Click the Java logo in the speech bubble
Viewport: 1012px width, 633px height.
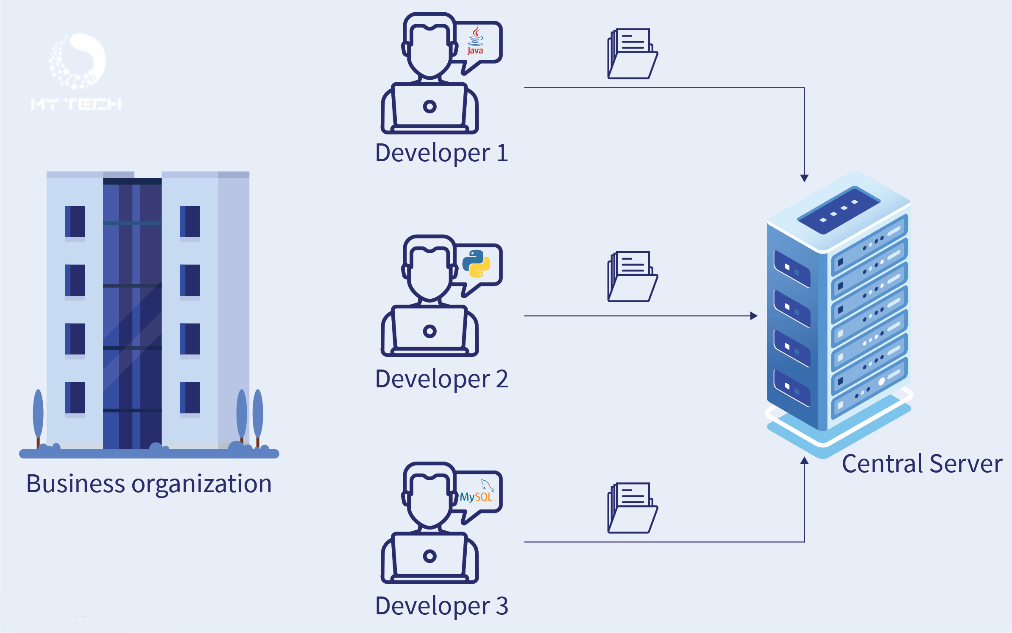[x=475, y=41]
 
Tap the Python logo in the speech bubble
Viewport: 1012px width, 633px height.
[x=476, y=263]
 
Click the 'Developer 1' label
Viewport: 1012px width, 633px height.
[x=441, y=153]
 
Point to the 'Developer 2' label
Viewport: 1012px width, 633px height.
[x=441, y=379]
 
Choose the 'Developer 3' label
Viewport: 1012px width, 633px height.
[x=441, y=605]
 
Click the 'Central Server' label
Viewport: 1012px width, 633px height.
[x=922, y=464]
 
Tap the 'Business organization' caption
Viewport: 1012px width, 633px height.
[x=149, y=484]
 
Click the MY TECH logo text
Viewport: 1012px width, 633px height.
[x=76, y=104]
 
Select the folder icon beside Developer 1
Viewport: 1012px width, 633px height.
[x=632, y=54]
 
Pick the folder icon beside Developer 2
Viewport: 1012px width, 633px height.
[x=632, y=277]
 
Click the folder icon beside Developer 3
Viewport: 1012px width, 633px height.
[x=632, y=508]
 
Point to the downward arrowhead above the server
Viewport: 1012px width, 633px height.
[x=804, y=178]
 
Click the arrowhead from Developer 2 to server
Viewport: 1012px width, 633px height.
[x=754, y=316]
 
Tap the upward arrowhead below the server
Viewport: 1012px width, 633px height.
[x=804, y=461]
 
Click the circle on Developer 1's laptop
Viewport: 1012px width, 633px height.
[x=429, y=106]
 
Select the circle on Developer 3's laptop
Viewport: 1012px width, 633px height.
[x=429, y=556]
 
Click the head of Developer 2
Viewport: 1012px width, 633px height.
[x=429, y=272]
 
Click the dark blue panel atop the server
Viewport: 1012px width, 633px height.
[x=838, y=210]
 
